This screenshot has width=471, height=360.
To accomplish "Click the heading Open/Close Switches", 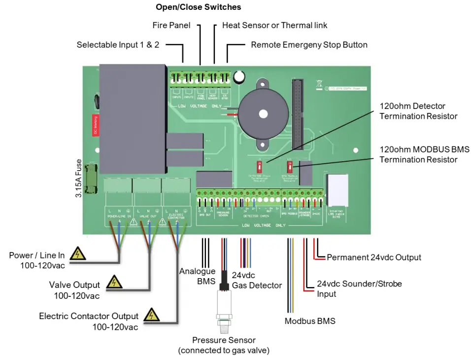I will pyautogui.click(x=198, y=7).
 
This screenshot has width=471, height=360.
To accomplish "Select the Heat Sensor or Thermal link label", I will pyautogui.click(x=274, y=25).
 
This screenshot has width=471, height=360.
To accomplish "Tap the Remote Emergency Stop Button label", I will pyautogui.click(x=309, y=45).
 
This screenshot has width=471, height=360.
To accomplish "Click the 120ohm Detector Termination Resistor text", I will pyautogui.click(x=418, y=111).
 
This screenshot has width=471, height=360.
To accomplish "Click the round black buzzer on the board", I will pyautogui.click(x=263, y=114).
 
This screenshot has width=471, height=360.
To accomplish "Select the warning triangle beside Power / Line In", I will pyautogui.click(x=77, y=254).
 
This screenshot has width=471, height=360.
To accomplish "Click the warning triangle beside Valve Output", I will pyautogui.click(x=114, y=282).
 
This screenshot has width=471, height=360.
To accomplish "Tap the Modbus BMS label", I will pyautogui.click(x=310, y=321).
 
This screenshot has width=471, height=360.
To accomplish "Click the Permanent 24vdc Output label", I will pyautogui.click(x=374, y=257).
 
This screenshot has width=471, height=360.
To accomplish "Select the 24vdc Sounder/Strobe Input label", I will pyautogui.click(x=359, y=288).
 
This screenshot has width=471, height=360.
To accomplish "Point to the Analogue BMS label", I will pyautogui.click(x=197, y=276).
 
